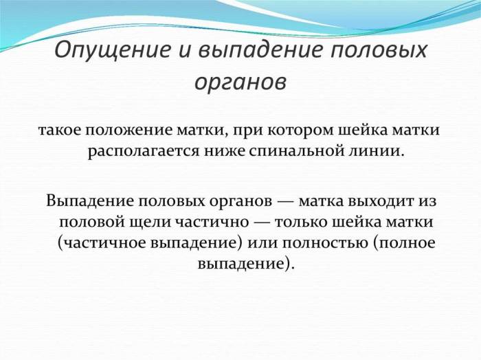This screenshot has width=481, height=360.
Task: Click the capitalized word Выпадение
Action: pyautogui.click(x=90, y=201)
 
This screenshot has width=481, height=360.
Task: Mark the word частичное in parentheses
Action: pyautogui.click(x=100, y=244)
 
